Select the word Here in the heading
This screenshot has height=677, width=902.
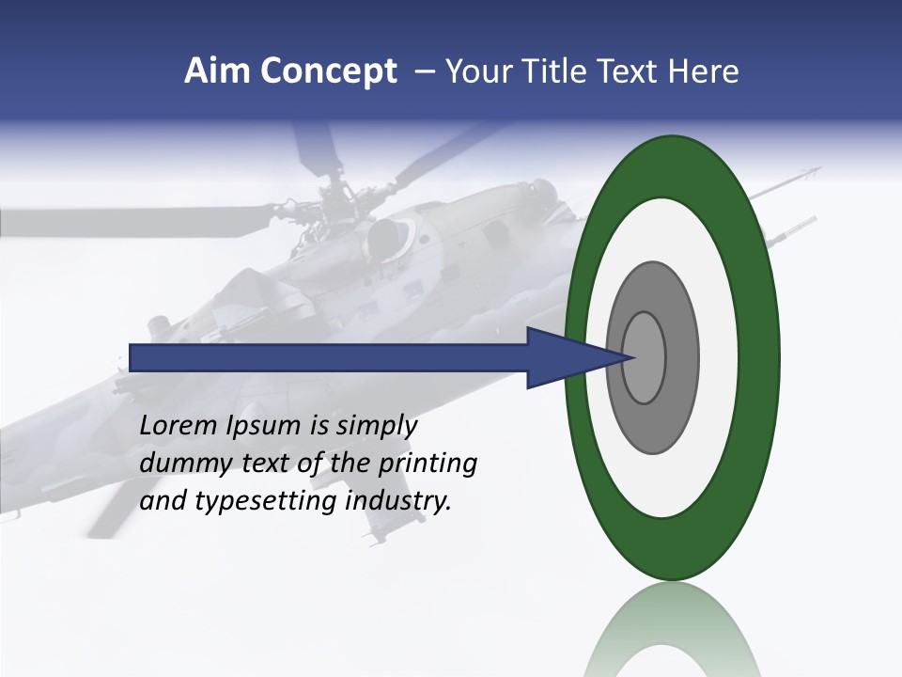[x=704, y=71]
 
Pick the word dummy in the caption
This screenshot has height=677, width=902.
[x=182, y=464]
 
